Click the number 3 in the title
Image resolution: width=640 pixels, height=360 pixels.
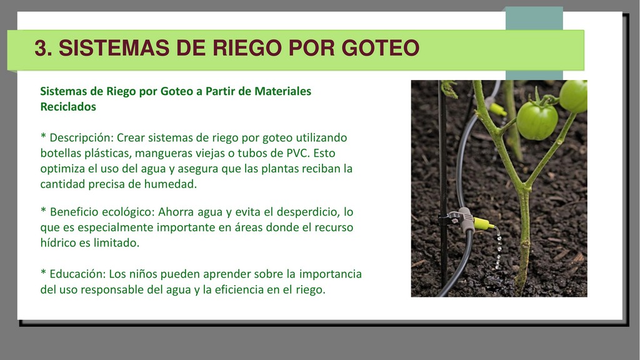pos(41,47)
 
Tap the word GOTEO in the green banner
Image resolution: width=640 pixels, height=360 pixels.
pos(381,47)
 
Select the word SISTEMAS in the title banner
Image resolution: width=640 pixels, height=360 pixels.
pos(114,47)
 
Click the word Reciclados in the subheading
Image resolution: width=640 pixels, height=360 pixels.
pos(68,106)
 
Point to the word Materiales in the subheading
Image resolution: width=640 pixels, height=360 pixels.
pos(282,91)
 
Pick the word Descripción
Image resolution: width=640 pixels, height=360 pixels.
pos(81,138)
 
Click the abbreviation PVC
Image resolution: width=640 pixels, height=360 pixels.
pos(297,153)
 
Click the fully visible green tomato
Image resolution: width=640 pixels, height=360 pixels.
pos(537,121)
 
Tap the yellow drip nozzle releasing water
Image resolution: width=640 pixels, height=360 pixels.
pos(483,223)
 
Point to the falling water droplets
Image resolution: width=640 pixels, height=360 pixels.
pos(498,248)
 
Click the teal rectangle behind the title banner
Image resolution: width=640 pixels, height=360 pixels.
pos(534,18)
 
